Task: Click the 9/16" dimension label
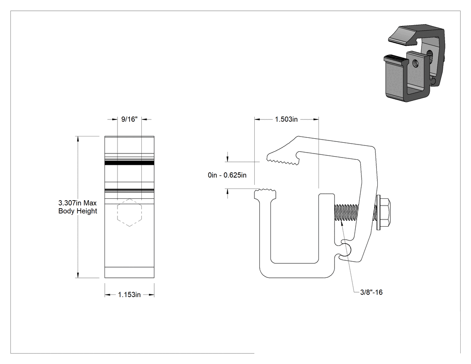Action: (129, 119)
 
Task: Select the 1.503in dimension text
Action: (286, 119)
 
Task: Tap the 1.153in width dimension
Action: (129, 294)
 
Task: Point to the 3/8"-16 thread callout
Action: (371, 292)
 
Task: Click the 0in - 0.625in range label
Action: (227, 175)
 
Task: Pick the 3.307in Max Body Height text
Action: (78, 207)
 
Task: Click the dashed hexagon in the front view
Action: (130, 212)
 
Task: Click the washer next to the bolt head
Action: (378, 212)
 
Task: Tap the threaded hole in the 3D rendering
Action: (416, 63)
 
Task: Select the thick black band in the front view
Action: (130, 162)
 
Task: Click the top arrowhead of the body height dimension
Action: (78, 139)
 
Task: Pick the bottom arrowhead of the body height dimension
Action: (78, 275)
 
